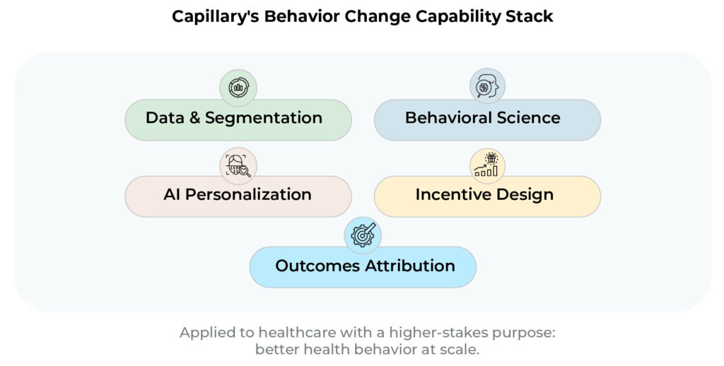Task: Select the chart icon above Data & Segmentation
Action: coord(238,87)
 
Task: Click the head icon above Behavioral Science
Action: coord(487,86)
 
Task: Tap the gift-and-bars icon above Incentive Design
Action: coord(487,165)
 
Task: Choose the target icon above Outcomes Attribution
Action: coord(363,235)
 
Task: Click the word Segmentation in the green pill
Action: coord(264,118)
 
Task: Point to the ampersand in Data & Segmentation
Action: coord(195,118)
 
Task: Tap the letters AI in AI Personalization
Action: coord(172,194)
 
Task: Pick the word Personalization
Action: coord(248,194)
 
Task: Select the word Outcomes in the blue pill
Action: coord(318,266)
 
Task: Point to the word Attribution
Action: coord(411,266)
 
